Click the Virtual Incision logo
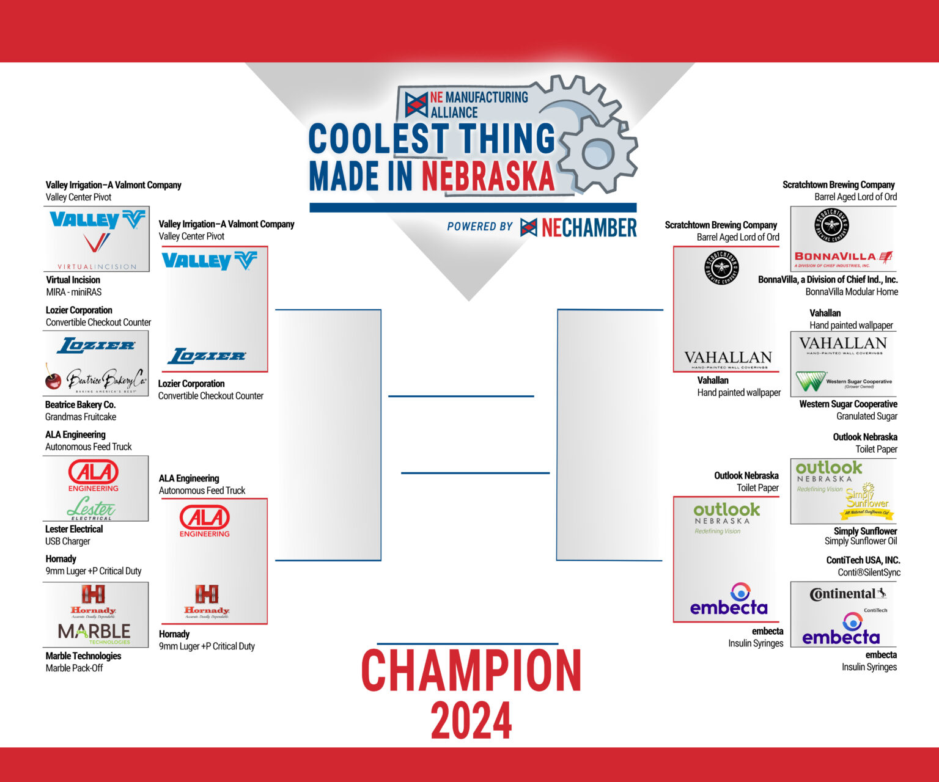[96, 250]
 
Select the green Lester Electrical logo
[92, 508]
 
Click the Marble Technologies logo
[95, 633]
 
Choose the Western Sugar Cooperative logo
[844, 382]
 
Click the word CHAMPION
[471, 671]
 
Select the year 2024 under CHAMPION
[471, 721]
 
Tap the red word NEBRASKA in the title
[487, 177]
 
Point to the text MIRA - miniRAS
[74, 292]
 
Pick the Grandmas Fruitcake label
[81, 417]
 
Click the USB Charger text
[68, 541]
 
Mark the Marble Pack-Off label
[74, 668]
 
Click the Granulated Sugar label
[866, 416]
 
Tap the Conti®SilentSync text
[869, 572]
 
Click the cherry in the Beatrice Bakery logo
[53, 379]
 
